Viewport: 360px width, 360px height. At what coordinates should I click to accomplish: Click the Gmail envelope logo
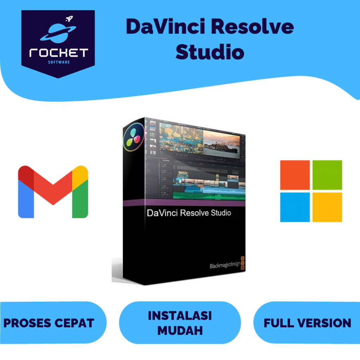coord(53,192)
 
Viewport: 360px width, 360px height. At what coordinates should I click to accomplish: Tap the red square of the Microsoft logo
coord(295,175)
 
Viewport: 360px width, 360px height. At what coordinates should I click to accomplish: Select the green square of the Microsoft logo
coord(327,175)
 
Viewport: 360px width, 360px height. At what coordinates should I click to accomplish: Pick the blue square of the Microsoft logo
coord(295,207)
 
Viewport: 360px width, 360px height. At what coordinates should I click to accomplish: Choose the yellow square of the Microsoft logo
coord(327,207)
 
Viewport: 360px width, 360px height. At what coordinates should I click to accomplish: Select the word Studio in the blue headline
coord(210,52)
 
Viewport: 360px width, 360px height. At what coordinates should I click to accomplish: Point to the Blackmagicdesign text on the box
coord(222,265)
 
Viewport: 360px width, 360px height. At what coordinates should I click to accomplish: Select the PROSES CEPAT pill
coord(49,323)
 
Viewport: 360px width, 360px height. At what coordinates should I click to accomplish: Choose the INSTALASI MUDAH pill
coord(180,322)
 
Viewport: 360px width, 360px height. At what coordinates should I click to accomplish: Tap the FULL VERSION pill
coord(307,323)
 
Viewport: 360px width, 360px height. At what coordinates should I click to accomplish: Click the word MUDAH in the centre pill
coord(180,330)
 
